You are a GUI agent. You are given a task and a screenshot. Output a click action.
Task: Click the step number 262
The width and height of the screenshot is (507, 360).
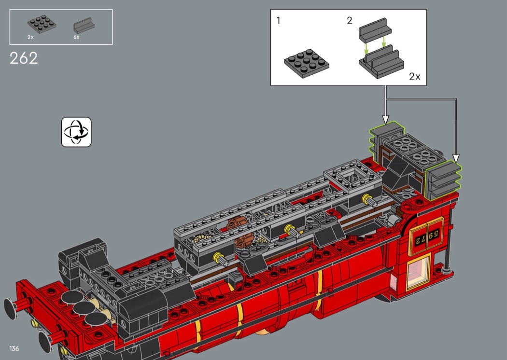click(24, 58)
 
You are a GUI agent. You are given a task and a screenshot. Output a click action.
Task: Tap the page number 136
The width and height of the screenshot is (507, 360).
click(14, 348)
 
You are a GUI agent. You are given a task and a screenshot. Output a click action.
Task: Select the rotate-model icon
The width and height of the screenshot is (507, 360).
click(76, 132)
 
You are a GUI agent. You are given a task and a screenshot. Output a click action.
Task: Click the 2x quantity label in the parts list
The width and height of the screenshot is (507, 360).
click(30, 37)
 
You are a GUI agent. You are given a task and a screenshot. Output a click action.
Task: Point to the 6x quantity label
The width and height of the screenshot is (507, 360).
click(76, 37)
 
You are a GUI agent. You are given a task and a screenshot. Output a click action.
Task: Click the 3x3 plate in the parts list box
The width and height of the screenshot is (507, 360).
click(42, 24)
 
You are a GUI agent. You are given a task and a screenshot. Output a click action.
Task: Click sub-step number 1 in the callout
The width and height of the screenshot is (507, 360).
click(279, 21)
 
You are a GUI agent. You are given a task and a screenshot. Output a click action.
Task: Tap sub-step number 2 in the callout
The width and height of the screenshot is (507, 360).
click(349, 21)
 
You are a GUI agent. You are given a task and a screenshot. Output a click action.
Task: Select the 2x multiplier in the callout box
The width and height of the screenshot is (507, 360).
click(414, 77)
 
